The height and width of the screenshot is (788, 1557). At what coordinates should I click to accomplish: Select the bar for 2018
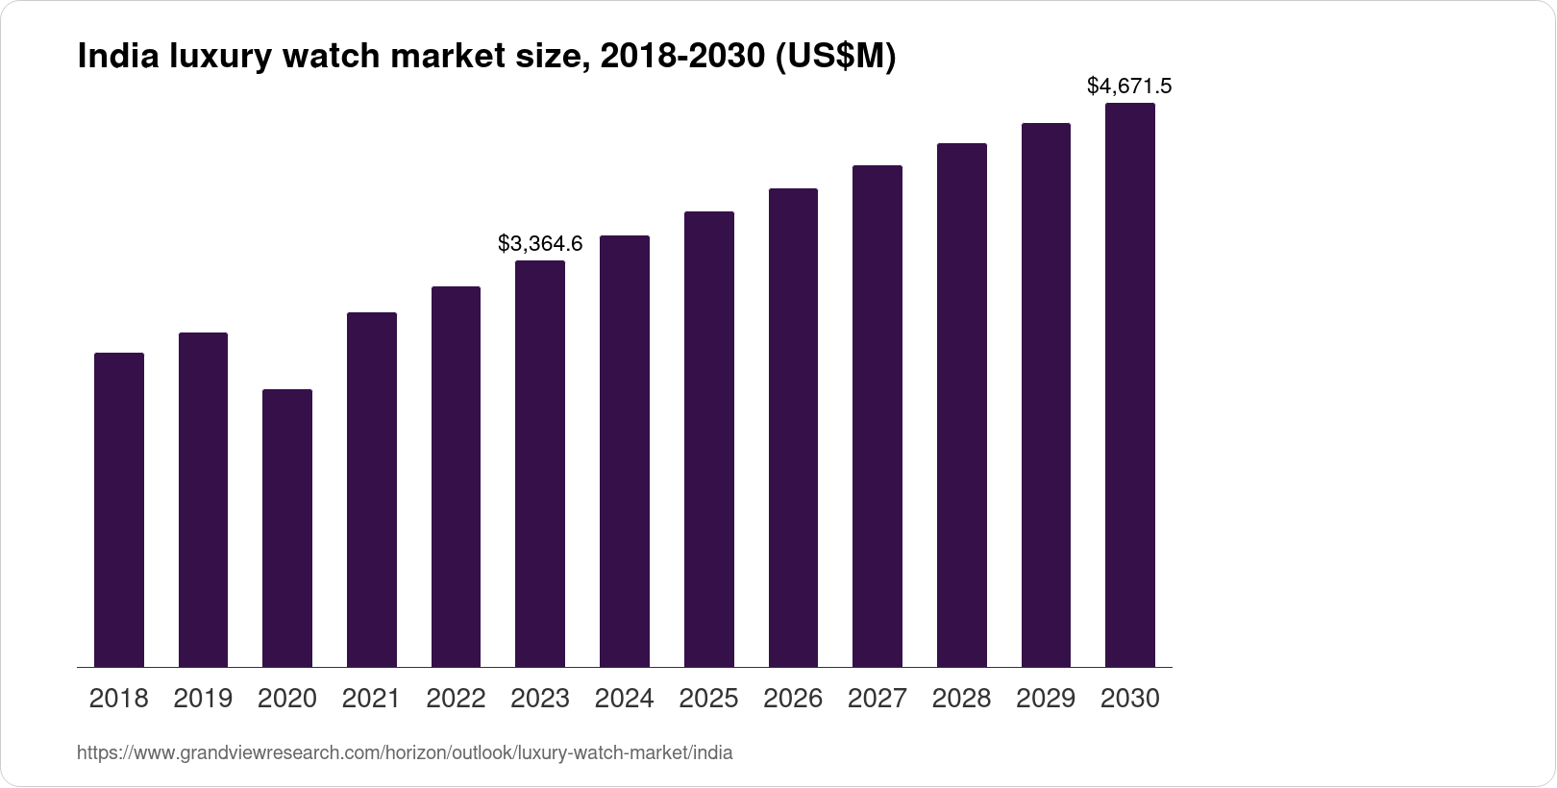[x=119, y=509]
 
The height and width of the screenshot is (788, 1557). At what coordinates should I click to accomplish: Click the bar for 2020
[x=287, y=528]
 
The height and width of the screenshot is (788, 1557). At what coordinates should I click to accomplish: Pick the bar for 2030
[x=1130, y=384]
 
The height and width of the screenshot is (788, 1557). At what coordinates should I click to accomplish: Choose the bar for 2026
[x=793, y=428]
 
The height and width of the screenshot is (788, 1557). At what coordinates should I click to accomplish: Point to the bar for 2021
[x=372, y=489]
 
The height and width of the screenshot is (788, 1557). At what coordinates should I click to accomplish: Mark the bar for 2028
[x=961, y=405]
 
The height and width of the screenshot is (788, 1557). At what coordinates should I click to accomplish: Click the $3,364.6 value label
[x=540, y=244]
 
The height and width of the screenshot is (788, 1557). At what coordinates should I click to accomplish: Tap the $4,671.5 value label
[x=1129, y=86]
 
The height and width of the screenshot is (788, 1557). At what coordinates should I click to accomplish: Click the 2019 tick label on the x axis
[x=203, y=699]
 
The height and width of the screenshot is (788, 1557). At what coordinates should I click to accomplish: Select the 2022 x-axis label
[x=456, y=699]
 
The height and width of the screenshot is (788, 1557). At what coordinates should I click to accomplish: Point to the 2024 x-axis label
[x=625, y=699]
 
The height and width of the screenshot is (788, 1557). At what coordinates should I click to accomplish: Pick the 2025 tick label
[x=708, y=699]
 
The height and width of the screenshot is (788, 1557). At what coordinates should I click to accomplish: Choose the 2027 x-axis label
[x=877, y=699]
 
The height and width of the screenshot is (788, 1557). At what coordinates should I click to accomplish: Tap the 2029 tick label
[x=1046, y=699]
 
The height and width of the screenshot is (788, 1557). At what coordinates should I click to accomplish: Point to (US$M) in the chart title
[x=836, y=58]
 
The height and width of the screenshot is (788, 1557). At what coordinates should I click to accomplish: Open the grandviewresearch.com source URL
[x=405, y=753]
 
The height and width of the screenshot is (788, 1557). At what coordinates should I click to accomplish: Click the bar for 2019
[x=203, y=500]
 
